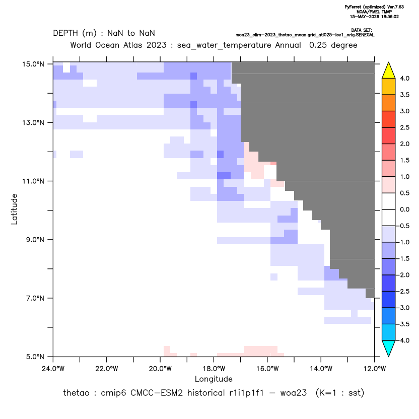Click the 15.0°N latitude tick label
33,64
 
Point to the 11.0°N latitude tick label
33,181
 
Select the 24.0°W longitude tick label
53,369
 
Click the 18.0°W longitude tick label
214,369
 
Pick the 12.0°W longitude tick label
374,369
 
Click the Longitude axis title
214,379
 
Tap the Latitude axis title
14,209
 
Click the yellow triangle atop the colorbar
389,71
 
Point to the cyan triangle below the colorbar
389,348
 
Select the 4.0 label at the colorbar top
404,78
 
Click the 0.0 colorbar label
404,210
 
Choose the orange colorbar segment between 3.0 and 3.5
389,103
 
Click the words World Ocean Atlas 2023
118,45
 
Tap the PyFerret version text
374,7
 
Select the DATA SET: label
362,30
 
